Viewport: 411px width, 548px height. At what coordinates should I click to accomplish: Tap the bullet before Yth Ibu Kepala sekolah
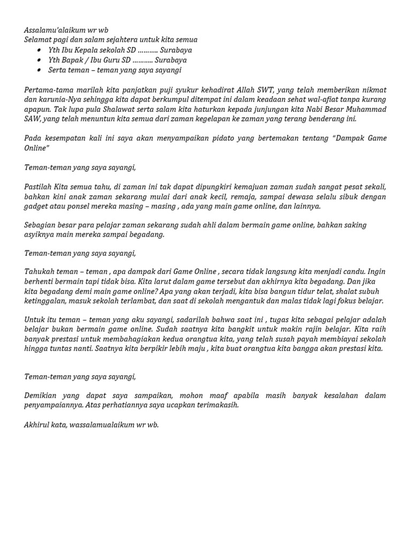click(40, 50)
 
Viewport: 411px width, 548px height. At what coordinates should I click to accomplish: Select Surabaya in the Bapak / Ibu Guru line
click(172, 60)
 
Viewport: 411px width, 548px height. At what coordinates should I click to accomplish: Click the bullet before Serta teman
click(40, 70)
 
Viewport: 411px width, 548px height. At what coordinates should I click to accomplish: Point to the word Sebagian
click(41, 225)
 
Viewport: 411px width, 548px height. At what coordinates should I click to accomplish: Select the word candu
click(351, 272)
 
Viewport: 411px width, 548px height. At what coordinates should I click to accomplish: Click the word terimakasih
click(216, 405)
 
